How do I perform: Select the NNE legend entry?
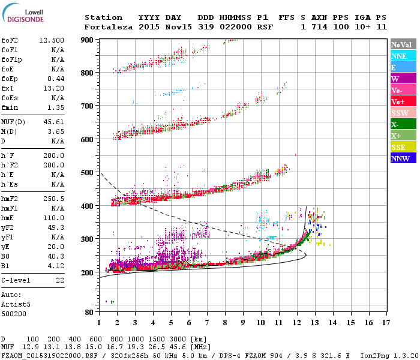403,56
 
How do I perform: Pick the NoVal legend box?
403,44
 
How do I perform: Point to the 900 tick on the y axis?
88,40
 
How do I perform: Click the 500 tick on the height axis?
88,173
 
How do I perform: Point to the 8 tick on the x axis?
225,323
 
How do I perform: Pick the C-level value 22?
60,280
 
